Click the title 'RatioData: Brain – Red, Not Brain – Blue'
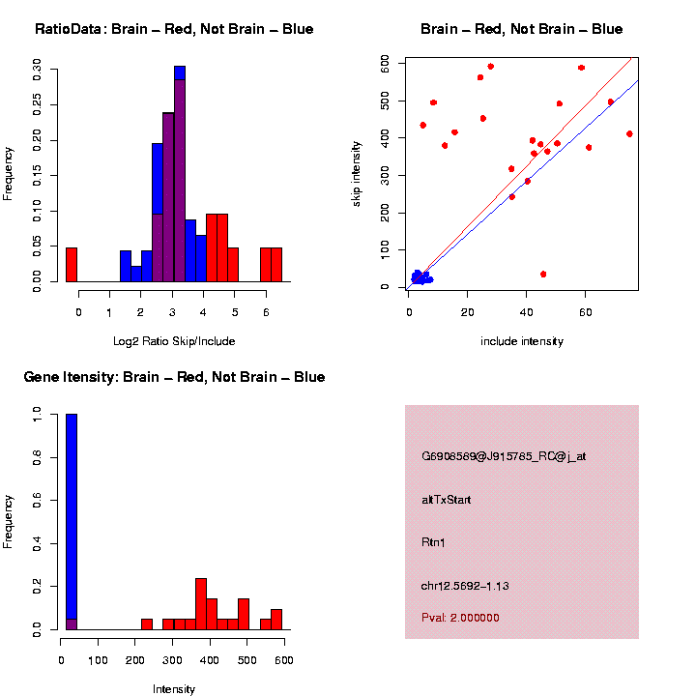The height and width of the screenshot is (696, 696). pos(174,29)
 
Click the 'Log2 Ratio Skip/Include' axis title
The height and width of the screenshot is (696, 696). pos(174,341)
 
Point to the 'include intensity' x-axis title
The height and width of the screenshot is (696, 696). pos(522,341)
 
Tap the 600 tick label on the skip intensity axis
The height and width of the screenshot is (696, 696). pos(384,63)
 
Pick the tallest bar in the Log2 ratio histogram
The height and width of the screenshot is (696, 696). pos(180,174)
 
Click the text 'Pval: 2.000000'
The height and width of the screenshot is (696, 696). pos(460,618)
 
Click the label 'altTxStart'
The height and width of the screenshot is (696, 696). pos(447,500)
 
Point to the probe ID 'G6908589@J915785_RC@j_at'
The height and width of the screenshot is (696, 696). pos(504,456)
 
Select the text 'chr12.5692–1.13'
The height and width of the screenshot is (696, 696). pos(465,586)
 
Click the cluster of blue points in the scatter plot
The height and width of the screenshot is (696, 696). pos(420,278)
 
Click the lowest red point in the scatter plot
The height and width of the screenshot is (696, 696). pos(543,275)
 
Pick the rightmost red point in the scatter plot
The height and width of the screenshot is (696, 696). pos(629,133)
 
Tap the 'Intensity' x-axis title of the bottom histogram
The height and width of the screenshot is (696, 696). pos(174,689)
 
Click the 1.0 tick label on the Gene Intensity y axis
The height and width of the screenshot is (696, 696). pos(36,414)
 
